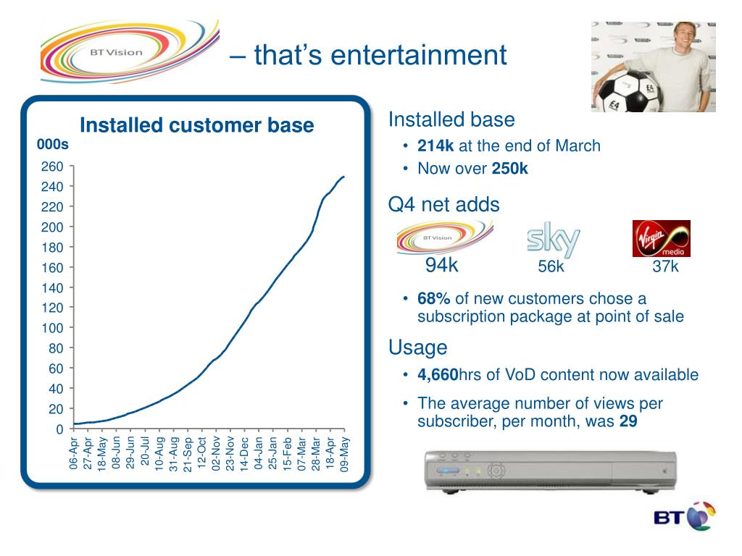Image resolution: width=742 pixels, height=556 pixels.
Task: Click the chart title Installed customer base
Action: coord(196,125)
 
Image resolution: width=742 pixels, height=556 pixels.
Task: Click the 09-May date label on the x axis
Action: coord(344,453)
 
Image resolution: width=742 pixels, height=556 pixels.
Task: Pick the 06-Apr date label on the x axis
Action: coord(74,453)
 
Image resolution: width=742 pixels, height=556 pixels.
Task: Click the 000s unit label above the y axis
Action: coord(52,145)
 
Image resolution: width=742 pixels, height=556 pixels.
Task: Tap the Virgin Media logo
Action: coord(661,238)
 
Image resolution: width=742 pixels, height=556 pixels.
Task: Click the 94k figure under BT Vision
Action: coord(441,266)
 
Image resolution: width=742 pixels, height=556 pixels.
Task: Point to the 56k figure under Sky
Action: coord(551,266)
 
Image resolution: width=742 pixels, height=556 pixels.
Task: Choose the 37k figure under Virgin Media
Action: coord(665,266)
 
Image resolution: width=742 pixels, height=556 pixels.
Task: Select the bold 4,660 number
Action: coord(438,375)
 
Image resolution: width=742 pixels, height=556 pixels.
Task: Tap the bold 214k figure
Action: coord(435,146)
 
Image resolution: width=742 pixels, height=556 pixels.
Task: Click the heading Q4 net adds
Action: coord(443,205)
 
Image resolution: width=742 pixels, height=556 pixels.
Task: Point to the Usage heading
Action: coord(417,348)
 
